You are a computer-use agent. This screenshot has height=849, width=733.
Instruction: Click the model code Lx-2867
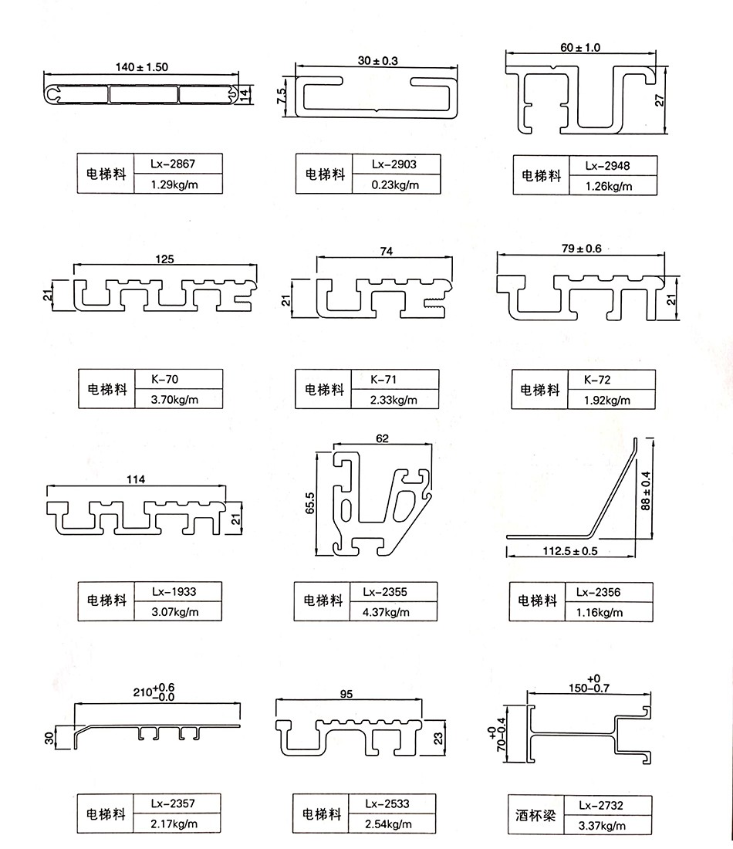click(x=174, y=163)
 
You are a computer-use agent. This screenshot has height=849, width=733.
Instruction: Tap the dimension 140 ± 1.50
click(x=141, y=67)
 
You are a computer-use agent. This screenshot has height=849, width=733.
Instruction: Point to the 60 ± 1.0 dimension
click(x=580, y=47)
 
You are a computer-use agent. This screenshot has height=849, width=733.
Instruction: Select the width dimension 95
click(x=346, y=694)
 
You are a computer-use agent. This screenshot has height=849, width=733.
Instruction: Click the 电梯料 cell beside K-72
click(x=539, y=391)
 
